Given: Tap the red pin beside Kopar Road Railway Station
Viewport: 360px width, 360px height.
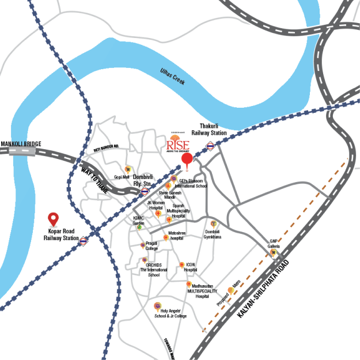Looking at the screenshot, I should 54,219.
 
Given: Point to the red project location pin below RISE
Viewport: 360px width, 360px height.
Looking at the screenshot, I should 187,160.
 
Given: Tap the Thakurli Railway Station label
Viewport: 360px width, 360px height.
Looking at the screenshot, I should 209,129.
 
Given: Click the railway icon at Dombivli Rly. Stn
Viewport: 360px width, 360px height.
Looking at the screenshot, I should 145,191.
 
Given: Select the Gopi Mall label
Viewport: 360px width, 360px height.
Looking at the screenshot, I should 121,177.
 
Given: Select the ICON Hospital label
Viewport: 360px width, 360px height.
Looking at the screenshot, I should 191,267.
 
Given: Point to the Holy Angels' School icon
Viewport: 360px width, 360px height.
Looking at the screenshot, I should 157,305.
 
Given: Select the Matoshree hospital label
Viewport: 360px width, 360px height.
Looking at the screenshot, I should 176,236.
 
